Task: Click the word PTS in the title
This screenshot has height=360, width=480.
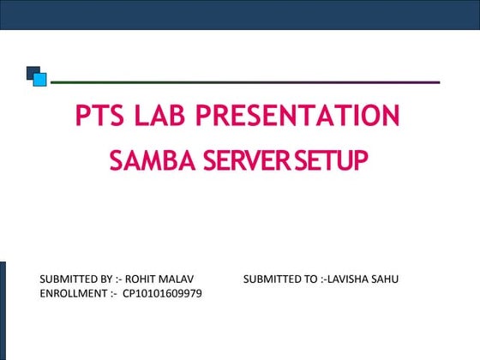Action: coord(98,115)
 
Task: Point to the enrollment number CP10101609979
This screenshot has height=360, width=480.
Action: coord(163,294)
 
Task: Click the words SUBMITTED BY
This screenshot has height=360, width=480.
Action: coord(75,280)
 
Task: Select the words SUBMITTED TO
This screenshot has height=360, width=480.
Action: coord(279,280)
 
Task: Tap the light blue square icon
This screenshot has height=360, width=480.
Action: coord(39,79)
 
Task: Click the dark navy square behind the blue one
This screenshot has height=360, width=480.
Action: coord(31,70)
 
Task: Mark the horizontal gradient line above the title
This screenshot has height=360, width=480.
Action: coord(245,82)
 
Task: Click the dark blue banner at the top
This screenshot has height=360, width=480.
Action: coord(240,14)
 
